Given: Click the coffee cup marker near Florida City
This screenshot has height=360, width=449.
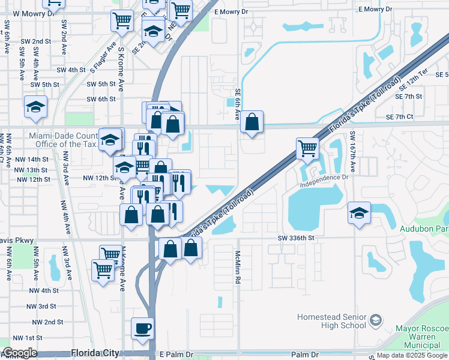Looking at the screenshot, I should (142, 328).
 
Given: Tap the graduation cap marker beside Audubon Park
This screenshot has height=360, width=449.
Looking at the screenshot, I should (359, 213).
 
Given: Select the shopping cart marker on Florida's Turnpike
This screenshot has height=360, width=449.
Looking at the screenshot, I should (307, 147).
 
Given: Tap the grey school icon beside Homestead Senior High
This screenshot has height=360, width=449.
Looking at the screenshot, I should (376, 318).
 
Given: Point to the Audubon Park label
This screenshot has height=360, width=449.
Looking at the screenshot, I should (425, 228).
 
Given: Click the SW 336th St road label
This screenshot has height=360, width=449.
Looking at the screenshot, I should (296, 238).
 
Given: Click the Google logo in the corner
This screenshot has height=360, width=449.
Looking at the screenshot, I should (20, 353).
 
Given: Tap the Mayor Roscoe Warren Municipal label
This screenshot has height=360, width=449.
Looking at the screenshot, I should (423, 337).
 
